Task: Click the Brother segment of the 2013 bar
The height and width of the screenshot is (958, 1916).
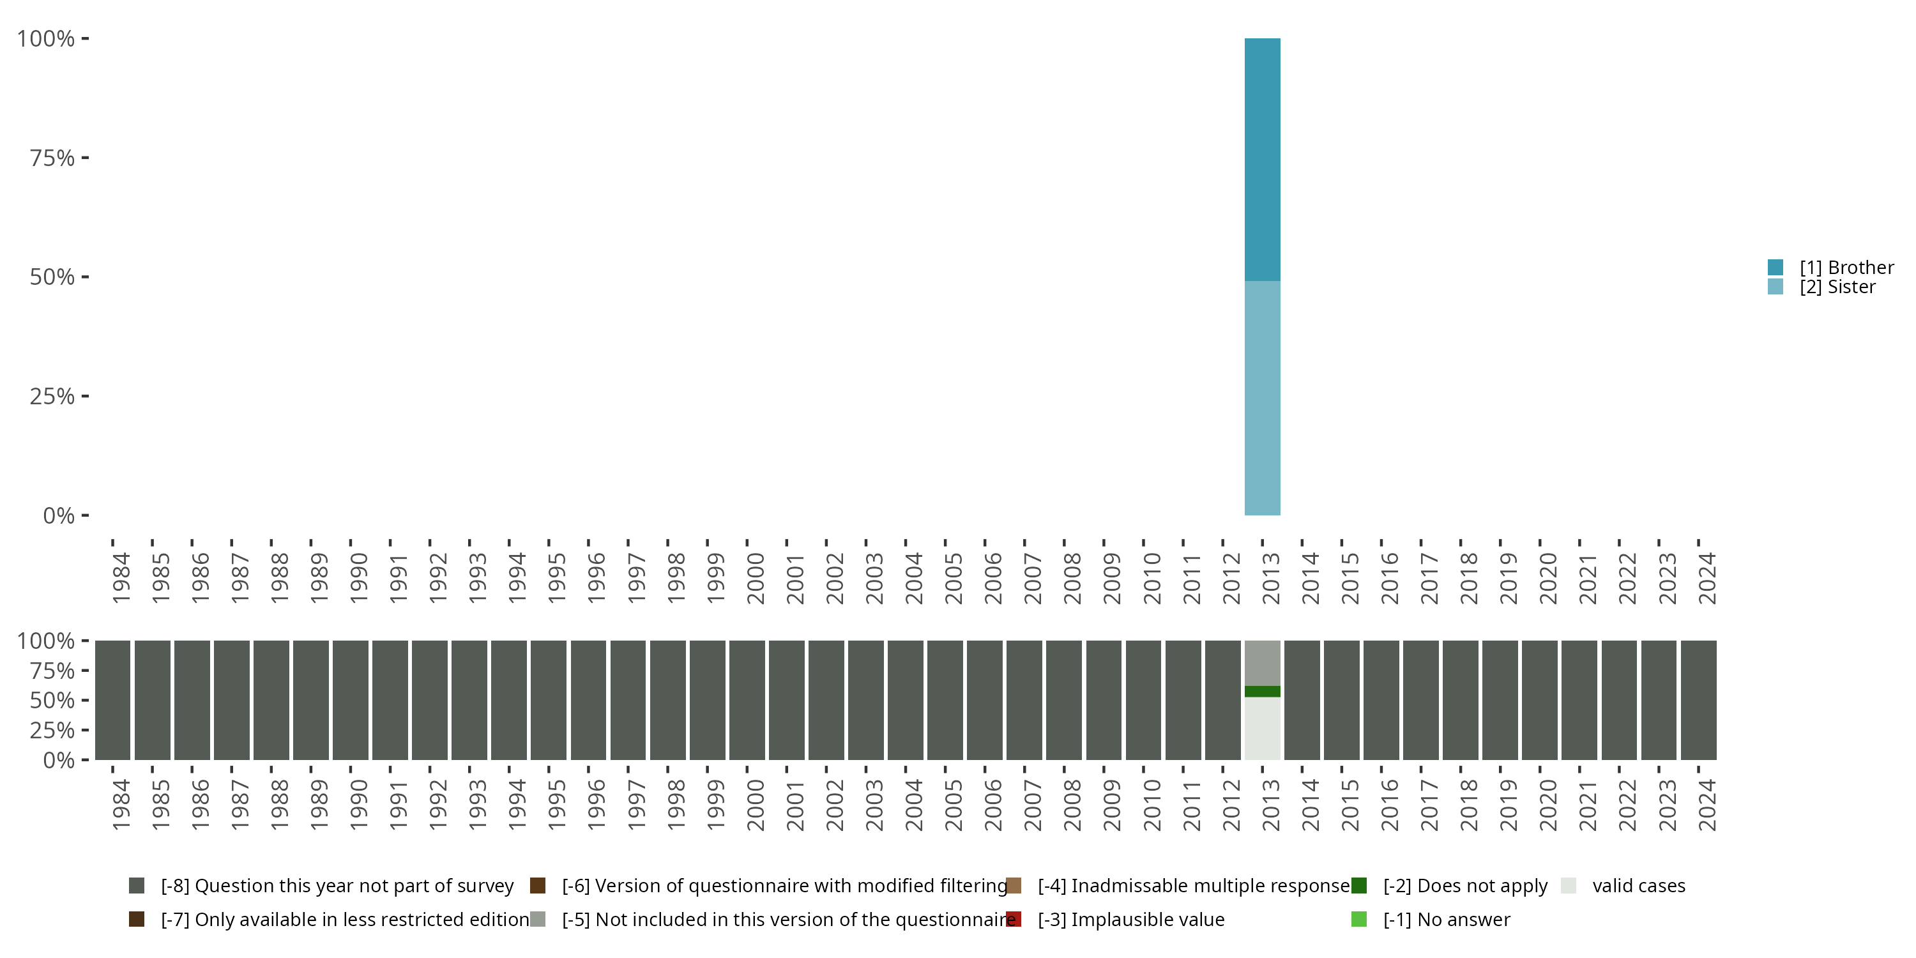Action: [x=1262, y=159]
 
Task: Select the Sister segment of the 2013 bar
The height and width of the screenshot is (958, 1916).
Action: [x=1262, y=398]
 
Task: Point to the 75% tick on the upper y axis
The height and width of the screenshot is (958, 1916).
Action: [x=52, y=158]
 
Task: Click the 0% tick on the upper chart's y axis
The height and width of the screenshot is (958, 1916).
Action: [x=59, y=515]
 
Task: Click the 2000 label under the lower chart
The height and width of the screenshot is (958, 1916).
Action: [x=756, y=805]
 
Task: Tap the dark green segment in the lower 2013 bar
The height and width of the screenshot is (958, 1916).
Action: [x=1262, y=691]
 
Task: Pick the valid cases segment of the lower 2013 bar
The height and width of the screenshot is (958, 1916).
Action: [x=1262, y=728]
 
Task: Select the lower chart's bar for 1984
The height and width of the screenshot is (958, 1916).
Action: [x=112, y=700]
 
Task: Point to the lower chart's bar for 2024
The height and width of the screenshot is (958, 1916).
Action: [x=1698, y=700]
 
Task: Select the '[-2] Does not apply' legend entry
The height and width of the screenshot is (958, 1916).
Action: [x=1464, y=886]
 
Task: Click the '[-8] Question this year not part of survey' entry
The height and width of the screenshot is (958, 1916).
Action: [x=336, y=886]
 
